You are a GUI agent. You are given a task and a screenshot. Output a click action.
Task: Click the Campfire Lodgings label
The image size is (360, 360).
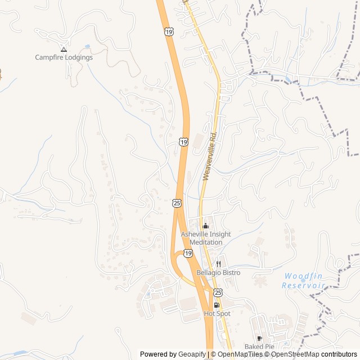coord(64,57)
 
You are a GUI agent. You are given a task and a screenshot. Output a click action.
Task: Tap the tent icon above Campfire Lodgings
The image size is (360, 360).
coord(64,49)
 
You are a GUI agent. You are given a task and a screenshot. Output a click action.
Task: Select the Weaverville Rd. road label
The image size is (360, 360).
coord(210,156)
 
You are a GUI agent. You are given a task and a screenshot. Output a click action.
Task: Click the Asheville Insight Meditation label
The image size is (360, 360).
coord(206,238)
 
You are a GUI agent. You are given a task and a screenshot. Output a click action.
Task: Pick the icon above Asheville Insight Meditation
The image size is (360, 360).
coord(205,226)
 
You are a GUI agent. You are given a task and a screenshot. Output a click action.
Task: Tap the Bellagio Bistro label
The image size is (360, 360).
coord(218,273)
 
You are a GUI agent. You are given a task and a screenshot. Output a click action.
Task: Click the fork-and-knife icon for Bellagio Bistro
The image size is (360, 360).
coord(218,264)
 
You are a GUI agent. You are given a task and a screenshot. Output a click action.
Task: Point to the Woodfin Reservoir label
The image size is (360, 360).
coord(304,281)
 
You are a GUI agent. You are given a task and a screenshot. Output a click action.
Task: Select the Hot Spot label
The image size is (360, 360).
coord(217,313)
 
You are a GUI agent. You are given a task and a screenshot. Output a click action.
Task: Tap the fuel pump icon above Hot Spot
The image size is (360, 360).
coord(217,305)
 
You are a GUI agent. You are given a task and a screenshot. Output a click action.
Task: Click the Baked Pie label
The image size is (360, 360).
coord(259,346)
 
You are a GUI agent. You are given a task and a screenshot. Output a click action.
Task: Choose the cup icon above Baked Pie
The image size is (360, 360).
coord(259,338)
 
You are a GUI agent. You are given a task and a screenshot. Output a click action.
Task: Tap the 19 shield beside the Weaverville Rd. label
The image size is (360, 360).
coord(184,142)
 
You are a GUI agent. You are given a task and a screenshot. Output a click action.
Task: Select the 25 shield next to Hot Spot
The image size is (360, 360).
coord(218,292)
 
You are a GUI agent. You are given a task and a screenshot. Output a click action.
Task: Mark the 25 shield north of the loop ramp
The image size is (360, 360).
coord(177,202)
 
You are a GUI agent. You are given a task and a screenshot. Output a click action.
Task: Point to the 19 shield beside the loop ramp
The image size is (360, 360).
coord(188,254)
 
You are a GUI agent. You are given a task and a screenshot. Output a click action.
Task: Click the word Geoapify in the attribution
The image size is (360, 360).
coord(192,354)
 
